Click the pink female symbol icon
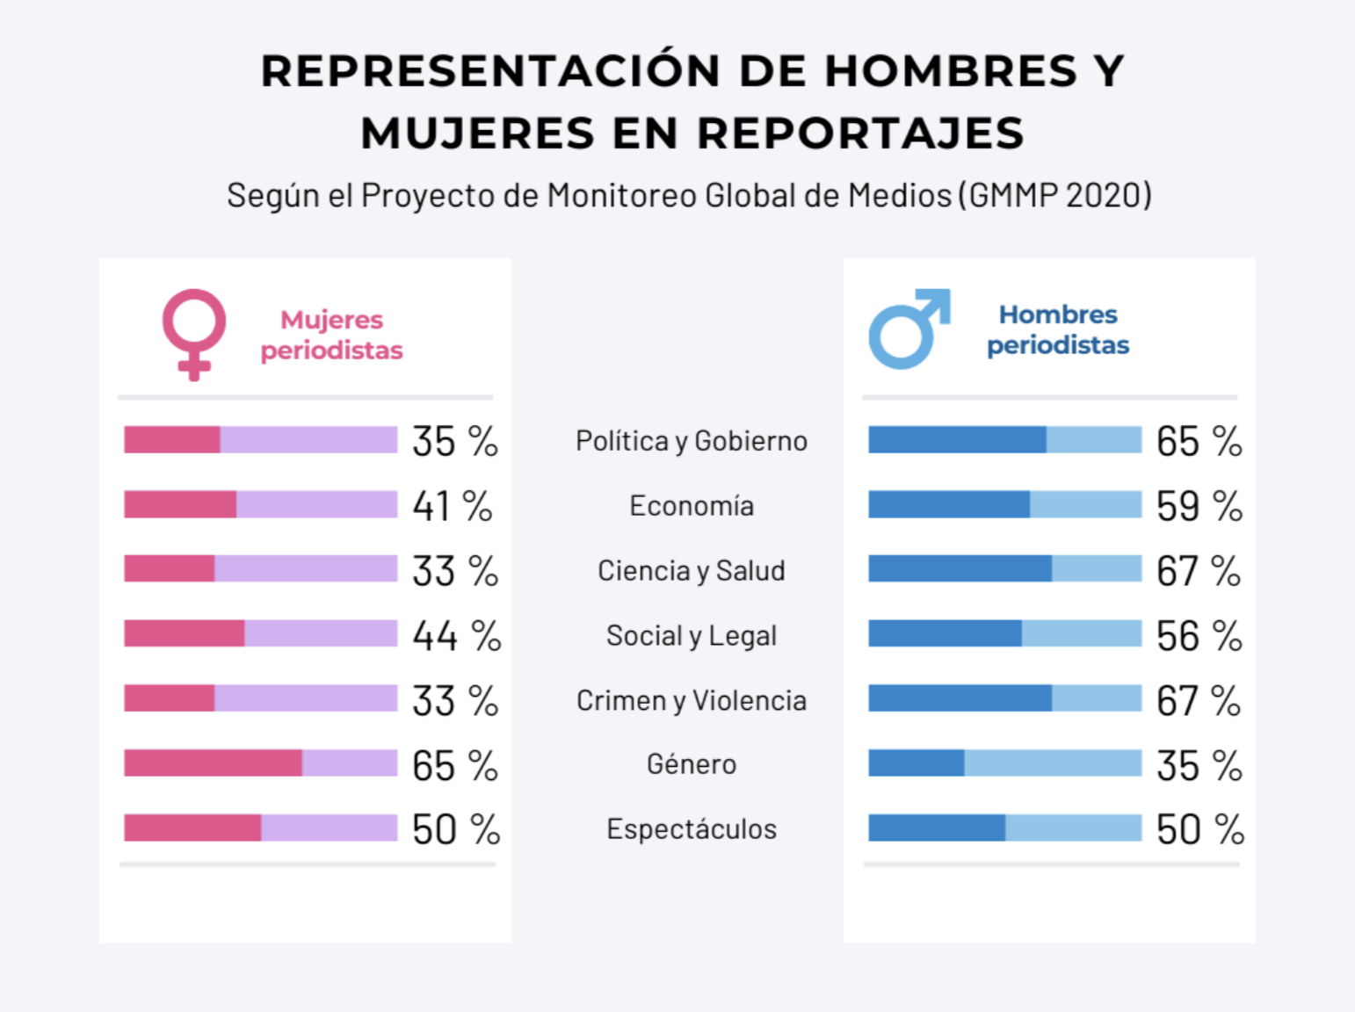coord(194,333)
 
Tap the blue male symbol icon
coord(909,329)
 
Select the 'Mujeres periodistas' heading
coord(331,335)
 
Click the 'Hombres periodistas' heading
coord(1058,329)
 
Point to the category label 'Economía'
coord(692,506)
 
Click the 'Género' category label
coord(692,764)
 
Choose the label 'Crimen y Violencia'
coord(692,700)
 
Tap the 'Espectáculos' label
coord(692,829)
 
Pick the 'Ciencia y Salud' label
coord(692,571)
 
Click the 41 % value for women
coord(453,506)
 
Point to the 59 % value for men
coord(1199,506)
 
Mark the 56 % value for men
coord(1199,636)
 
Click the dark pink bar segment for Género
coord(213,763)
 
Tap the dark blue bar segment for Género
coord(916,763)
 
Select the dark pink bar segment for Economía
coord(180,505)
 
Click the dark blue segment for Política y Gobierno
coord(957,440)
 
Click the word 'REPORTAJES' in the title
coord(860,134)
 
